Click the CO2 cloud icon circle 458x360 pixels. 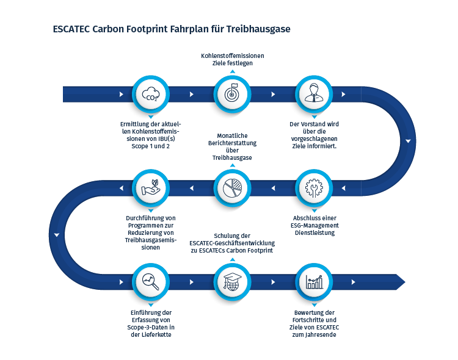(150, 95)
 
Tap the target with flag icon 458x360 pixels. (232, 95)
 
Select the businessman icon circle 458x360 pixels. (314, 95)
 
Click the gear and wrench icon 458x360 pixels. (314, 188)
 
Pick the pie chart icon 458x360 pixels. (232, 188)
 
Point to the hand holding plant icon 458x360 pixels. (150, 188)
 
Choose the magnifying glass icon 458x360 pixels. (150, 281)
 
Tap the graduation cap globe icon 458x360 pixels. (232, 281)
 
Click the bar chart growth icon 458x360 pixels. (314, 281)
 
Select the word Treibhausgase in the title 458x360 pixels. (261, 29)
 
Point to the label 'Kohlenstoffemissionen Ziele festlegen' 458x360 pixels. (232, 59)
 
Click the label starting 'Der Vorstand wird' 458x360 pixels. (314, 135)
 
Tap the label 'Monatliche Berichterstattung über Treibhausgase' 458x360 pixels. (232, 146)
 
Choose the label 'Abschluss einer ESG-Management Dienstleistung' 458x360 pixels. (314, 225)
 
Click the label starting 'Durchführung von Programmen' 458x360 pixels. (150, 232)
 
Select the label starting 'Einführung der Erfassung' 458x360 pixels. (150, 323)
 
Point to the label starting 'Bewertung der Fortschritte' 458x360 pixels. (314, 323)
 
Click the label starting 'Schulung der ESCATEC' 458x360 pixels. (232, 243)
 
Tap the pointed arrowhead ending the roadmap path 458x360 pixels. (399, 281)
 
